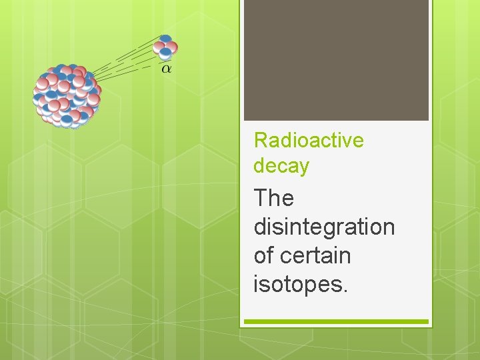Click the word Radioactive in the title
(x=309, y=141)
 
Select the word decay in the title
(x=281, y=166)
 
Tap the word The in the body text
(x=273, y=198)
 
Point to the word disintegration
(x=324, y=227)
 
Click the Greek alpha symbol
(x=166, y=69)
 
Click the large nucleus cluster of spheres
(x=67, y=95)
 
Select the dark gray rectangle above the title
(x=336, y=60)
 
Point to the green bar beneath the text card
(x=336, y=321)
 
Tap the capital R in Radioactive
(x=260, y=141)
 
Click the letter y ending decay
(x=304, y=168)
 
